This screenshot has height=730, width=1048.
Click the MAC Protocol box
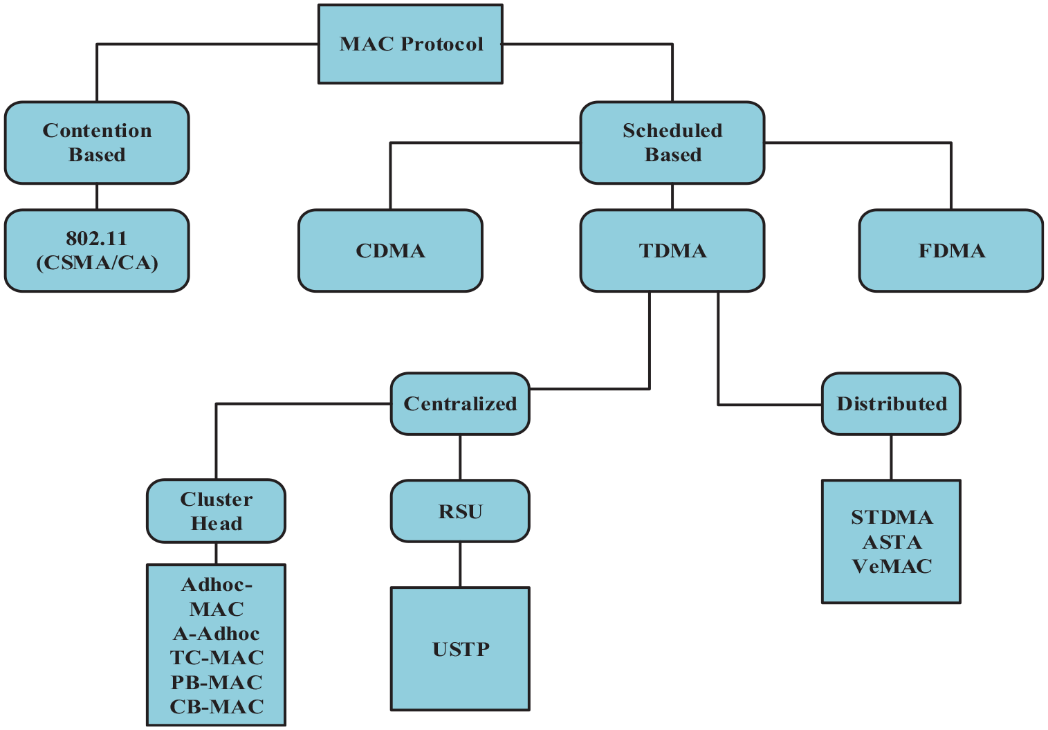pyautogui.click(x=410, y=44)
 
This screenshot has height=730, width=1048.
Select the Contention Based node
pyautogui.click(x=97, y=143)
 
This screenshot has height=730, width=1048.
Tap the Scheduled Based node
pyautogui.click(x=672, y=143)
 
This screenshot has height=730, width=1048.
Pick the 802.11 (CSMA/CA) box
pyautogui.click(x=97, y=250)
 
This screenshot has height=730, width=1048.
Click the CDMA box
pyautogui.click(x=390, y=250)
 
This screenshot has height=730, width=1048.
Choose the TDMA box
pyautogui.click(x=672, y=250)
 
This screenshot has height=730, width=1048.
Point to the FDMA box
pyautogui.click(x=951, y=250)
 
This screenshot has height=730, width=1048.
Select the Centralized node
pyautogui.click(x=460, y=404)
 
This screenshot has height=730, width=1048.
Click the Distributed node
pyautogui.click(x=891, y=404)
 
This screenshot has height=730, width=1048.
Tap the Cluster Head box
pyautogui.click(x=216, y=511)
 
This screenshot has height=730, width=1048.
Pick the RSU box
pyautogui.click(x=460, y=511)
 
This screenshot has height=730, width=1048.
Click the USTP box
pyautogui.click(x=461, y=648)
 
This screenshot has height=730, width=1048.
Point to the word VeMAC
pyautogui.click(x=892, y=566)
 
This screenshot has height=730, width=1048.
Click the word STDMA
pyautogui.click(x=892, y=517)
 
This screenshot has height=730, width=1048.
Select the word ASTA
pyautogui.click(x=892, y=542)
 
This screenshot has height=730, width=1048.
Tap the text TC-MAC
pyautogui.click(x=217, y=657)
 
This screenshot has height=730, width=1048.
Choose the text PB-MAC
pyautogui.click(x=217, y=682)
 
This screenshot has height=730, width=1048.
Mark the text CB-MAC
pyautogui.click(x=217, y=706)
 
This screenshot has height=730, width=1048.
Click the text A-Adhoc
pyautogui.click(x=217, y=633)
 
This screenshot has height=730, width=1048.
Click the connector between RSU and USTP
pyautogui.click(x=460, y=565)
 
